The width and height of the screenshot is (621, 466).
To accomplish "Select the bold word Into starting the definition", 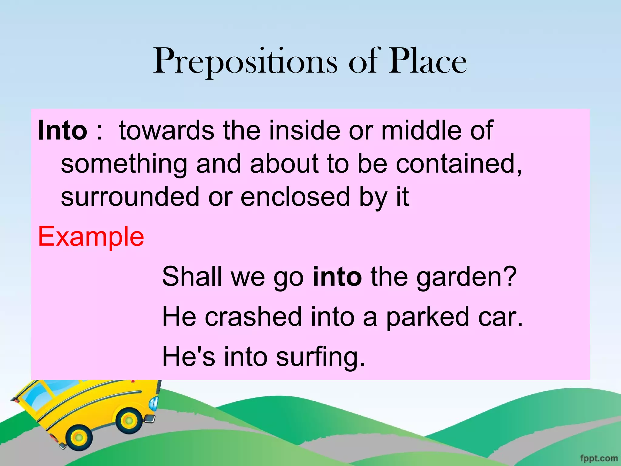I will coord(62,130).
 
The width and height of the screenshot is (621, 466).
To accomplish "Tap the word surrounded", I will coord(130,197).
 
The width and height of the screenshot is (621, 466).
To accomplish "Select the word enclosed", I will coord(296,197).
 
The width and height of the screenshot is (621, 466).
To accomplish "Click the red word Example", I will coord(91,237).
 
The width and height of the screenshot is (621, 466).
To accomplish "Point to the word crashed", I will coord(253,317).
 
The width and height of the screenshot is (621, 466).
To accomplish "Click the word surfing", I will coord(320,357).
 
